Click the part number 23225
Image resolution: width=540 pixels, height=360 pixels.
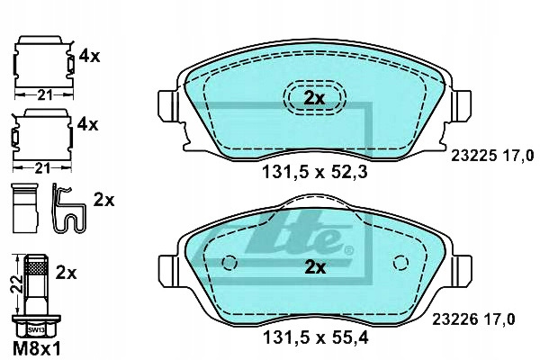pyautogui.click(x=473, y=157)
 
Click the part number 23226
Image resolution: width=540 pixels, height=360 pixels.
pyautogui.click(x=454, y=319)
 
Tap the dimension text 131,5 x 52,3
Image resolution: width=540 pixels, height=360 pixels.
pyautogui.click(x=315, y=172)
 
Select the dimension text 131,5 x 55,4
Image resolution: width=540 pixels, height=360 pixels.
pyautogui.click(x=316, y=338)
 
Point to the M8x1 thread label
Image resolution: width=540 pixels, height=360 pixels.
pyautogui.click(x=37, y=348)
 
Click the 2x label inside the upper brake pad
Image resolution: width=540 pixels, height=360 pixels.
pyautogui.click(x=314, y=99)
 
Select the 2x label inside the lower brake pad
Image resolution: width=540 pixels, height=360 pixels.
pyautogui.click(x=315, y=267)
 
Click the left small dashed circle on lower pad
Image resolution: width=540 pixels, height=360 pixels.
pyautogui.click(x=229, y=263)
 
